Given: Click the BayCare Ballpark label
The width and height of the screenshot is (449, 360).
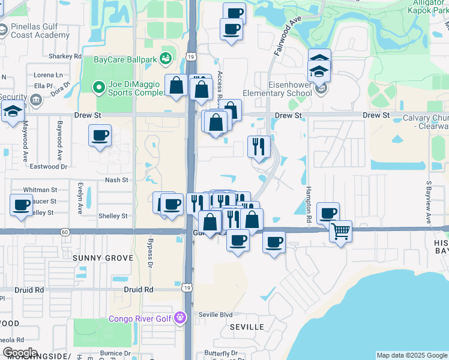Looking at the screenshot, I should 123,59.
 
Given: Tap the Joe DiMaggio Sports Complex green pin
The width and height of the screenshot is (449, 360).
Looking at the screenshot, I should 98,88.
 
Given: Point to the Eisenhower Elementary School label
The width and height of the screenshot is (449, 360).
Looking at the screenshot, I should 277,89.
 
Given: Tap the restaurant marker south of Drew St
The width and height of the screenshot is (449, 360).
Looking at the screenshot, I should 259,146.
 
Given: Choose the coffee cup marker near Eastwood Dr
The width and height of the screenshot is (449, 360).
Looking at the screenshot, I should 100,135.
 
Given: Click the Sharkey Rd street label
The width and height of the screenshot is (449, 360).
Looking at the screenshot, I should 65,56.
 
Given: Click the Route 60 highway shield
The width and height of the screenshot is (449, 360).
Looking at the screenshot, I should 65,232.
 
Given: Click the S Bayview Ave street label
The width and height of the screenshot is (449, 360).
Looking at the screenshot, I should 429,202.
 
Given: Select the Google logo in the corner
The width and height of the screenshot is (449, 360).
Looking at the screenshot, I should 20,352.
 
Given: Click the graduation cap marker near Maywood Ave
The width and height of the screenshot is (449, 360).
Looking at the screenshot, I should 11,112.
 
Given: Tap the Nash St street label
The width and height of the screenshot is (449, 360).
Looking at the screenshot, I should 116,180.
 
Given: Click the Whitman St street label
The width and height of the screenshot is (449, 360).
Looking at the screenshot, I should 40,190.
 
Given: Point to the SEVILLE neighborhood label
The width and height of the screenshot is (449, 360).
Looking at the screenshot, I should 247,327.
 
